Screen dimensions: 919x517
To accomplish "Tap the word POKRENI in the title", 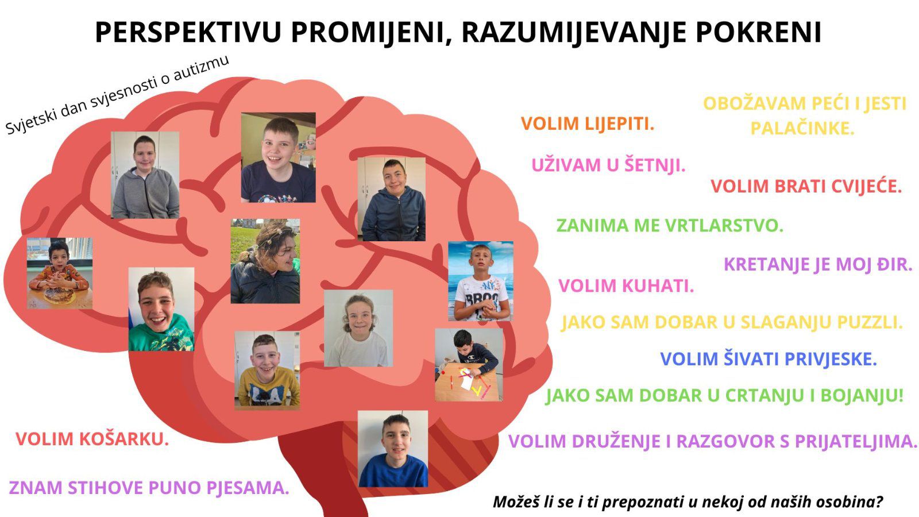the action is point(759,32).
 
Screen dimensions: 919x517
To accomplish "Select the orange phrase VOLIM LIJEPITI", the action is point(588,124).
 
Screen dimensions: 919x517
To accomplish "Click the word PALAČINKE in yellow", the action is point(802,129).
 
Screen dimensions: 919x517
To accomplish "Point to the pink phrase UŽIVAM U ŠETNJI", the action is point(608,165).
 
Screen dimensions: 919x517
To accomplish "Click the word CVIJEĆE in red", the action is point(867,186).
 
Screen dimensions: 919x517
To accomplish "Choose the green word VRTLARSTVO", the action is point(724,225).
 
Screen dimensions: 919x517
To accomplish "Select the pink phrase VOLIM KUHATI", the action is point(626,285).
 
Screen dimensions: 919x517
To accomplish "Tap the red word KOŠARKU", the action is point(124,439).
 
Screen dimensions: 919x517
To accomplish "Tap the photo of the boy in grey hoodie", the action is point(145,175).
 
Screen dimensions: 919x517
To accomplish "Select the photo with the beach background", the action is point(480,281).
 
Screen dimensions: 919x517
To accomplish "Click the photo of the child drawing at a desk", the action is point(469,365).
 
